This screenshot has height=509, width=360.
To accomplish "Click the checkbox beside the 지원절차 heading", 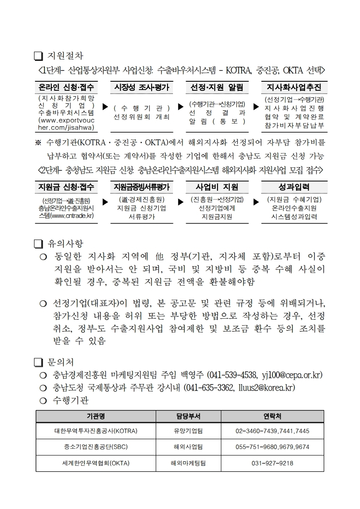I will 38,56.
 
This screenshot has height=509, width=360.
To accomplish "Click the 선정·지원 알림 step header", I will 217,87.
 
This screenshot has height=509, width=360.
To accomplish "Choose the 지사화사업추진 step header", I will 294,87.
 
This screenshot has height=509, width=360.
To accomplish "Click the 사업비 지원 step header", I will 217,187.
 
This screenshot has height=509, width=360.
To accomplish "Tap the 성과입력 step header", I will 294,187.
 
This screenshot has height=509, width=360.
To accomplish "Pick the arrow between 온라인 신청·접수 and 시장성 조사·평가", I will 105,107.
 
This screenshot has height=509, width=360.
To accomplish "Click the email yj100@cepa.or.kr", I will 292,375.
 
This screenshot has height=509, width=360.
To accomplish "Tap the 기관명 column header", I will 96,416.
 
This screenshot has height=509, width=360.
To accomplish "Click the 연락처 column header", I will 272,416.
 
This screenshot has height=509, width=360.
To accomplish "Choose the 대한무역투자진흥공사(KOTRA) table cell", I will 96,431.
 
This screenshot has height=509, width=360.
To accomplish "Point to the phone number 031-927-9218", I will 272,463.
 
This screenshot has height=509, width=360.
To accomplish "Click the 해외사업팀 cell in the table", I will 188,447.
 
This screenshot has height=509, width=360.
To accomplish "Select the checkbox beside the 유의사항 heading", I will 38,244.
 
